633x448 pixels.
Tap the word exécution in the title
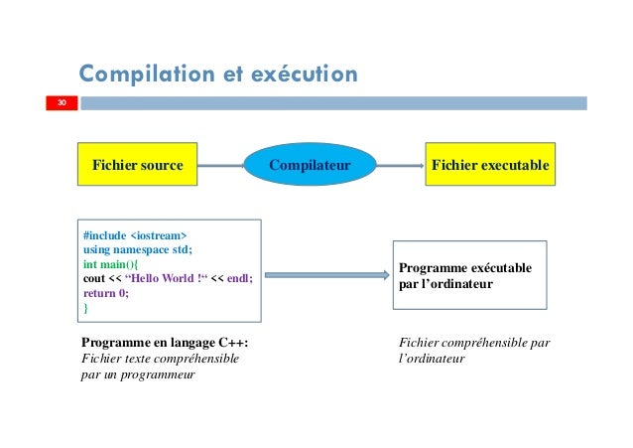[308, 74]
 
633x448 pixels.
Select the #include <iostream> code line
[134, 235]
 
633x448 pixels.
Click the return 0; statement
[106, 293]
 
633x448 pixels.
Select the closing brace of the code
[86, 308]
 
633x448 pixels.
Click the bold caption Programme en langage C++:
[165, 344]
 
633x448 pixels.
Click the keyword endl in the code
[238, 279]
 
